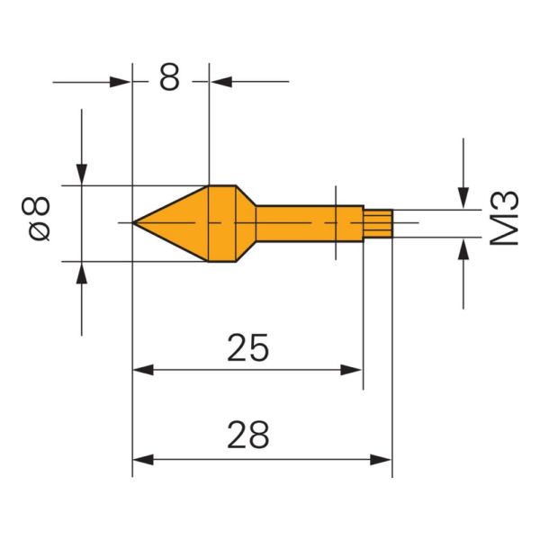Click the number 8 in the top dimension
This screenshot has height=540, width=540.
(x=170, y=78)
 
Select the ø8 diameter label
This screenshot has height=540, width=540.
(x=39, y=219)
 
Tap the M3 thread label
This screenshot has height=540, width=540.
(x=508, y=218)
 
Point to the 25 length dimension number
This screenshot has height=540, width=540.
(x=247, y=346)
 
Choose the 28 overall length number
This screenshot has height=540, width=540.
(x=247, y=436)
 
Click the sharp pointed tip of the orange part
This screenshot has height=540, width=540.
(x=135, y=222)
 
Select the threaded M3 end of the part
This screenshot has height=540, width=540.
(x=378, y=222)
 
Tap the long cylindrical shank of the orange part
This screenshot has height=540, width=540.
(x=301, y=222)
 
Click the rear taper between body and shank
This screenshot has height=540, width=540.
(x=245, y=222)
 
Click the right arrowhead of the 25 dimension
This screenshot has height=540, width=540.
(x=353, y=370)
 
